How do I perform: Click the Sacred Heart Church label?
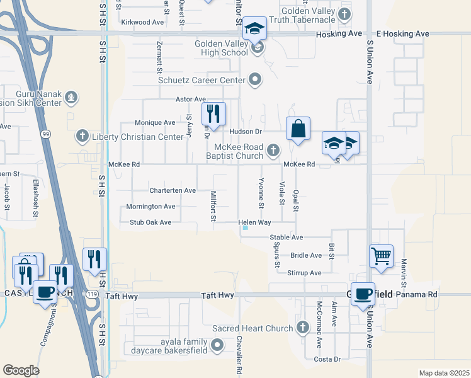253,328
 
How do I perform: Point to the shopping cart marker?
381,256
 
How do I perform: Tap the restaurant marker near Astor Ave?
213,114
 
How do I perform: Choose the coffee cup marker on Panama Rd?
363,294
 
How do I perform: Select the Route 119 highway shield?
92,294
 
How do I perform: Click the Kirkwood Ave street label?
142,22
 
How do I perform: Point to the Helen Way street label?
254,222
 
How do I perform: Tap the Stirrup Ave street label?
304,273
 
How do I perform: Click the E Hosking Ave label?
402,33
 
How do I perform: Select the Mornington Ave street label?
150,206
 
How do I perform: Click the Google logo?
21,370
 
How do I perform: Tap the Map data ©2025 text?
443,373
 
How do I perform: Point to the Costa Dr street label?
327,359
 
